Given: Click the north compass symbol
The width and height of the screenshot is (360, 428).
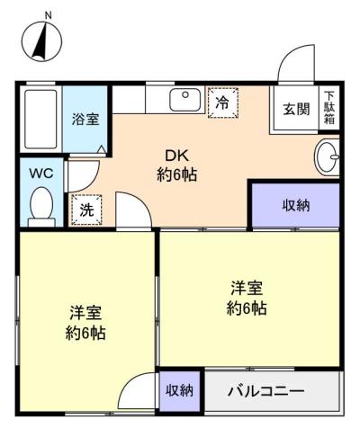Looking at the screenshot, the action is [x=42, y=41].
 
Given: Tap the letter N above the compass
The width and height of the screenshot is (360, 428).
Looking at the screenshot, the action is [x=48, y=15].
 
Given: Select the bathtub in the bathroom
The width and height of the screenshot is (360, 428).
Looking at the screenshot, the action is [x=40, y=119].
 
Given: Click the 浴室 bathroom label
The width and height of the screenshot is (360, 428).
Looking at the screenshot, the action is [x=85, y=120].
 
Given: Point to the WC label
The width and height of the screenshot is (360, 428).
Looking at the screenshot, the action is [x=41, y=174].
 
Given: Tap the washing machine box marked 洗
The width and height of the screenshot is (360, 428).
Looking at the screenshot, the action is [x=86, y=210].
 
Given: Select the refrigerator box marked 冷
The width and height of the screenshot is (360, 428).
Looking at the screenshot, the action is [x=223, y=103].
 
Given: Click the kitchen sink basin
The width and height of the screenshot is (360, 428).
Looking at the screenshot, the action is [x=184, y=100].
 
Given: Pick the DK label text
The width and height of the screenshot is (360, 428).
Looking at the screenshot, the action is [x=176, y=156].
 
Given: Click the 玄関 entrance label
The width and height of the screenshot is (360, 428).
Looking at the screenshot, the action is [x=296, y=109].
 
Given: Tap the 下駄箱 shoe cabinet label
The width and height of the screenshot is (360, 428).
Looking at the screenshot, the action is [x=329, y=108].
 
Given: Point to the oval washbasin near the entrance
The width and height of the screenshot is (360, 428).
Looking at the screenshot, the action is [x=327, y=156].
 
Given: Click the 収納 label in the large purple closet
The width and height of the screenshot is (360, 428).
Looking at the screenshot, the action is [x=296, y=205].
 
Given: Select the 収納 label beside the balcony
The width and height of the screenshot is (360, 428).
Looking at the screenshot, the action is [x=179, y=391].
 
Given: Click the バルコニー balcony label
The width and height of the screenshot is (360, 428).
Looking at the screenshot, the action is [x=266, y=391].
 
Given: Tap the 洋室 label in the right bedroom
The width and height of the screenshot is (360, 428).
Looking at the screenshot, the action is [x=247, y=288].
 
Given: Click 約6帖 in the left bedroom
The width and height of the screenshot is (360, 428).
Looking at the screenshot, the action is [x=85, y=333].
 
